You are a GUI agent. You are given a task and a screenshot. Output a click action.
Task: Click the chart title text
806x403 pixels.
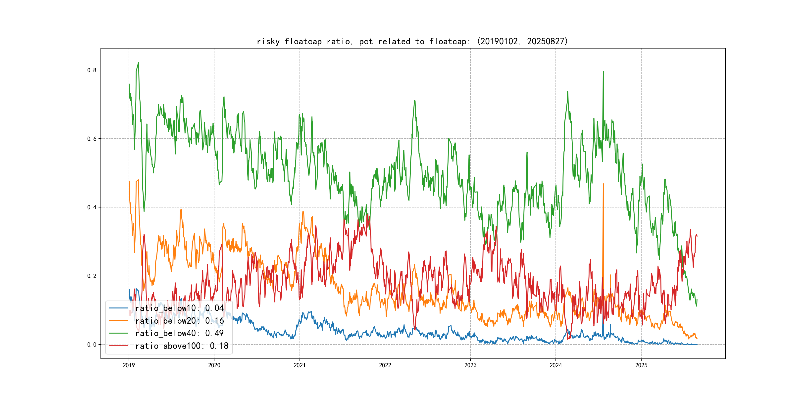point(412,41)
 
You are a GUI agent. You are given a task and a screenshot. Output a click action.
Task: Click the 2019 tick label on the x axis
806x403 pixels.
point(129,365)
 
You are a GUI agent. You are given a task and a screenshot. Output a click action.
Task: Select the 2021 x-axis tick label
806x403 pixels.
point(300,365)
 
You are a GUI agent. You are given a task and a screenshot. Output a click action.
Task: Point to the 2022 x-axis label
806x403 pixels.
point(385,365)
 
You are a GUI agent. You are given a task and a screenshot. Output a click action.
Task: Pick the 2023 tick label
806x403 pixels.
point(470,365)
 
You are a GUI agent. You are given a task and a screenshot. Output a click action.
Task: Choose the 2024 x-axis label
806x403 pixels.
point(556,365)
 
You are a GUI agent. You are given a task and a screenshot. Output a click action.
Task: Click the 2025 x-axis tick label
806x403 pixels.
point(641,365)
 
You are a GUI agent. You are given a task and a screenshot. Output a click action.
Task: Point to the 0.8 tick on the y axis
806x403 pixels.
point(92,70)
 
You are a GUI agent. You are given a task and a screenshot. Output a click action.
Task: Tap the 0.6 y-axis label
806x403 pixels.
point(92,139)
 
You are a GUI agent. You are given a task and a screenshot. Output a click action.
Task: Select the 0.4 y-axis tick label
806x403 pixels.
point(92,207)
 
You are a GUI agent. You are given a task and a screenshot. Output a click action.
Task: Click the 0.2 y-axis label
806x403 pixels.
point(92,276)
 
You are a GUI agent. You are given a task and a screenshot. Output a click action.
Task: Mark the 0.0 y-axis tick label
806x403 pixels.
point(92,345)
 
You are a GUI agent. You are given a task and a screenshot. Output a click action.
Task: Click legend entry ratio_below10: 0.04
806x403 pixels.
point(179,308)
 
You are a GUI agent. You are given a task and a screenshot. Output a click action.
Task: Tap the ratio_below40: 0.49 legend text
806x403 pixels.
point(179,333)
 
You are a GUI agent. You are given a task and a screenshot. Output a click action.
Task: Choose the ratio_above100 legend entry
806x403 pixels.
point(182,346)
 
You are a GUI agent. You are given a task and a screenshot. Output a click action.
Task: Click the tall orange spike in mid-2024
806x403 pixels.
point(603,185)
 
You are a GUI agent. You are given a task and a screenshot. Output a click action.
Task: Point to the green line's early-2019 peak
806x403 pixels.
point(138,63)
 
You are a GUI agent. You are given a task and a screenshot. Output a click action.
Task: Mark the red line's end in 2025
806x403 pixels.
point(697,236)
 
